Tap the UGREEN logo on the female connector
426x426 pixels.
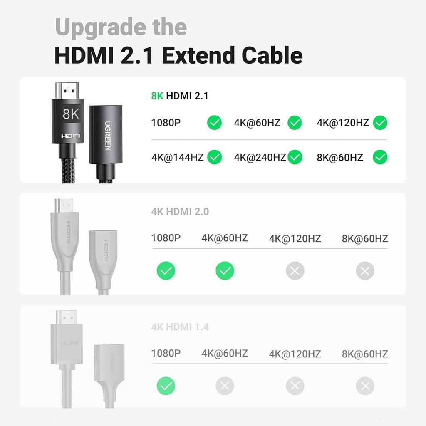107,136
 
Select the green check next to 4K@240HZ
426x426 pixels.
295,157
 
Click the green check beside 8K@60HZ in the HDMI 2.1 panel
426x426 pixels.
380,157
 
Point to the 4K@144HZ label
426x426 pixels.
178,157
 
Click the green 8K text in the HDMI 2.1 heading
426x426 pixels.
157,96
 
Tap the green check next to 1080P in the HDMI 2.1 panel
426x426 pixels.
215,123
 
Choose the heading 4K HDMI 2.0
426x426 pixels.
180,211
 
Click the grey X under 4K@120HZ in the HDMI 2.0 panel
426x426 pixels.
295,271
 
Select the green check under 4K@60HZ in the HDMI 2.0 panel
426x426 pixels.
225,271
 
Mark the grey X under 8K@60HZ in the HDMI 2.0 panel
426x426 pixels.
365,271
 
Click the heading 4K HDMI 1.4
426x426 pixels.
180,327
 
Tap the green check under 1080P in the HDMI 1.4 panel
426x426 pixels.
166,386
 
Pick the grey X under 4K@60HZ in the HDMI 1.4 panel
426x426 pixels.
225,386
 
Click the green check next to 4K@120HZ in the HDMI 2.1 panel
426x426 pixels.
380,123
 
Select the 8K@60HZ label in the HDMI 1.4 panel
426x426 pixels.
365,354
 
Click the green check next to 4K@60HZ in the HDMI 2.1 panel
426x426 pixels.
295,123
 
